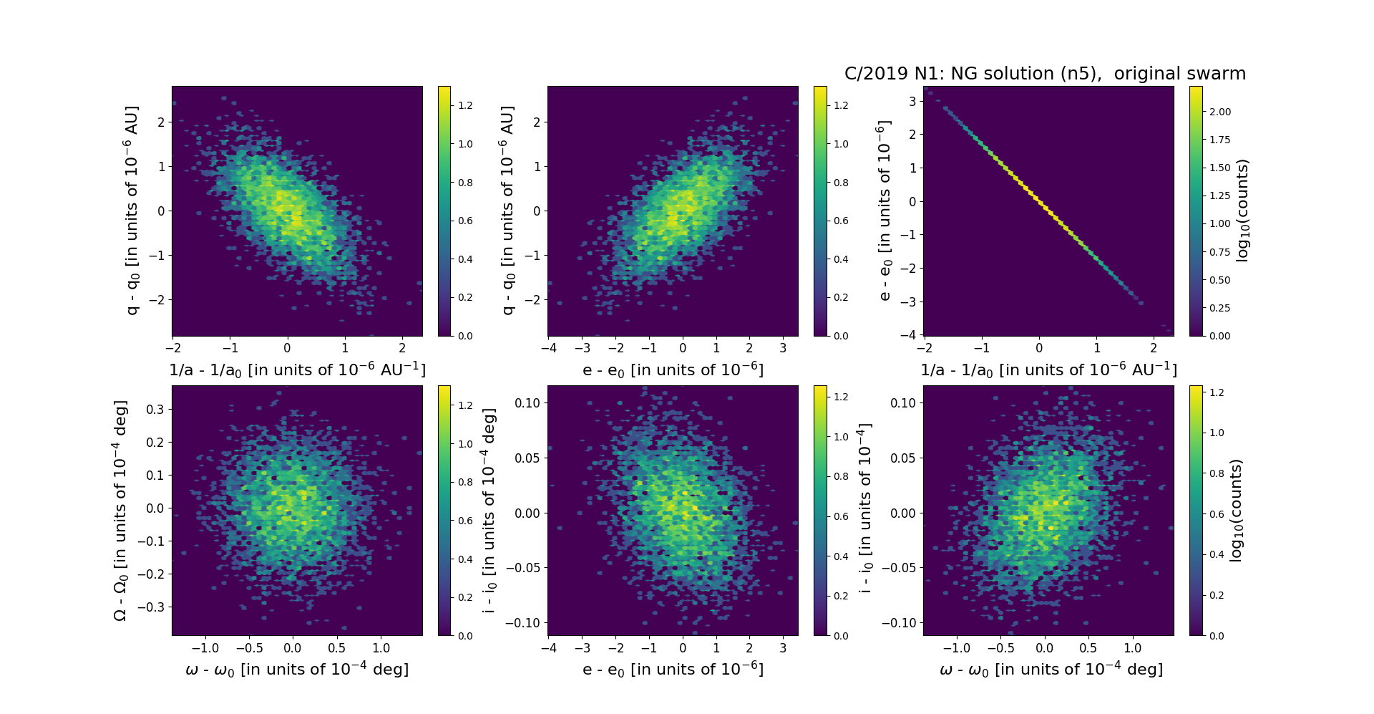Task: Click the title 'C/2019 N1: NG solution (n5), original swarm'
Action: [1045, 74]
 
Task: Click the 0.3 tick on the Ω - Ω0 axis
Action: [155, 410]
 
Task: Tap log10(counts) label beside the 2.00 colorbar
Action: [1242, 211]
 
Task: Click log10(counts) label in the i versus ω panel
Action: [1236, 511]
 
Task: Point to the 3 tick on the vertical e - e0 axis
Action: [912, 101]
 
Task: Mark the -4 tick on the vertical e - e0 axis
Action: [908, 335]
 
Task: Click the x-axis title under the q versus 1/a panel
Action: [297, 370]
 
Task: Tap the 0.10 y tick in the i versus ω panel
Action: [903, 403]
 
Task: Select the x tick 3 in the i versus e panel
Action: [783, 648]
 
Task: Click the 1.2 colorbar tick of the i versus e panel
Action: [841, 397]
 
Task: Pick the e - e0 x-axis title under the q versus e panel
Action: [673, 370]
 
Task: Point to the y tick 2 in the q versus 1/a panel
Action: [161, 122]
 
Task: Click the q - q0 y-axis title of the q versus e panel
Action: [507, 211]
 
